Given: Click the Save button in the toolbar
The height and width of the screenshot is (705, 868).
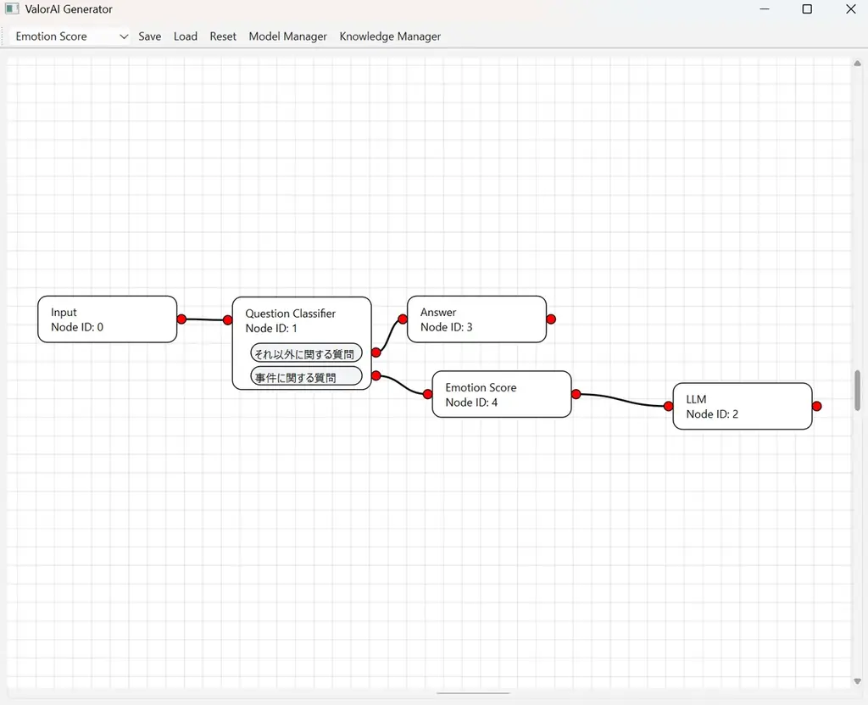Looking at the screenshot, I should [x=149, y=36].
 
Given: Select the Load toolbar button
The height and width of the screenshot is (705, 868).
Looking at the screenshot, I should [x=185, y=36].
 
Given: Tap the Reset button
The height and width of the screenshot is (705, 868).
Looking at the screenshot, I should [x=223, y=36].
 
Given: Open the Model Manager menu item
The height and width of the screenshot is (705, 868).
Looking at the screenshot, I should [x=287, y=36].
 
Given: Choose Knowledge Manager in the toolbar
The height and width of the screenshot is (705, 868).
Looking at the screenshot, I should [x=390, y=36].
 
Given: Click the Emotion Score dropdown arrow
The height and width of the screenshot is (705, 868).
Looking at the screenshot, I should [x=124, y=36].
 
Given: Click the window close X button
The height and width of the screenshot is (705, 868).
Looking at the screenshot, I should [x=851, y=9].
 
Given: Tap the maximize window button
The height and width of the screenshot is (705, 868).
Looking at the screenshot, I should [x=807, y=9].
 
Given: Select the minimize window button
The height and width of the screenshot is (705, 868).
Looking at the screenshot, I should [x=765, y=9].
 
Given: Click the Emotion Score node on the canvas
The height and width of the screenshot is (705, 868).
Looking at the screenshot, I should [x=501, y=395].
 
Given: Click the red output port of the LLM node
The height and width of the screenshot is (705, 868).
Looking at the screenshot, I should [x=816, y=407].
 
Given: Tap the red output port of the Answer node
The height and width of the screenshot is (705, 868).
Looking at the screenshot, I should [x=551, y=319].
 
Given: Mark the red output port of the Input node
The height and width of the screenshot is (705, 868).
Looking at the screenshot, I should [x=181, y=319].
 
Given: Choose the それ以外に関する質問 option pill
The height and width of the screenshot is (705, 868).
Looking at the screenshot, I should [x=306, y=353].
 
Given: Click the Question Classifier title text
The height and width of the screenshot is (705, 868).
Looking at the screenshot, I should [x=290, y=314].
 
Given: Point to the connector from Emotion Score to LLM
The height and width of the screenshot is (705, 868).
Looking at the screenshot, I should [x=623, y=398].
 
